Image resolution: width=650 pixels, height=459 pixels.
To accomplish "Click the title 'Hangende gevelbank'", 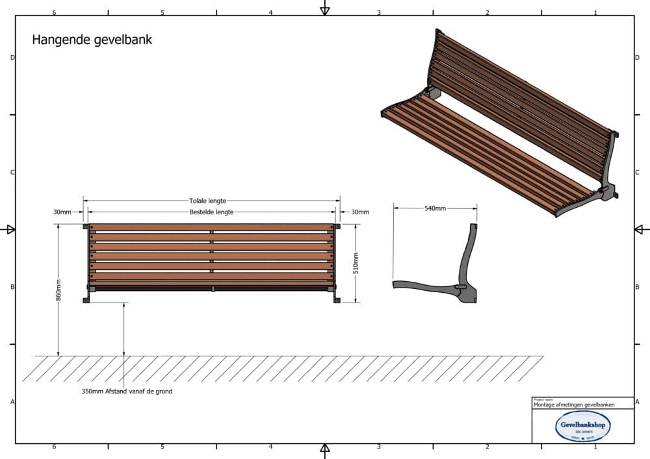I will tap(92, 40).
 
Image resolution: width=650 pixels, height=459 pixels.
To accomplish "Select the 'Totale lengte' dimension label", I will tap(207, 201).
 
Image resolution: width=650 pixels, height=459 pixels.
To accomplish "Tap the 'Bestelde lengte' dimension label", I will tap(211, 212).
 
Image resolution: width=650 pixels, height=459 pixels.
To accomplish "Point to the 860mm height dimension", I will tap(58, 290).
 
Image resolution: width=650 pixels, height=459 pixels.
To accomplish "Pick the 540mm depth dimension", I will tap(435, 208).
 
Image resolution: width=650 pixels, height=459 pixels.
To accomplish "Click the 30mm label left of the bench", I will tap(62, 212).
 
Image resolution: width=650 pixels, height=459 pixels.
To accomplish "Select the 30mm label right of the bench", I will tap(359, 212).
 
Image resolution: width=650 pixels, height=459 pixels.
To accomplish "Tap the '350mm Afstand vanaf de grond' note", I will tap(127, 391).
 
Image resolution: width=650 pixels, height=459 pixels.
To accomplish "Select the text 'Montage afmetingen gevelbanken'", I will tap(573, 404).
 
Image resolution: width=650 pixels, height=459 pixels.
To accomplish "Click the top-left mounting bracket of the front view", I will tap(85, 226).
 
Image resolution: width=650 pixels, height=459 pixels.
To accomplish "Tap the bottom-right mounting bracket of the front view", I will tap(337, 299).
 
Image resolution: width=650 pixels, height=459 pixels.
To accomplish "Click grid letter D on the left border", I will tap(12, 58).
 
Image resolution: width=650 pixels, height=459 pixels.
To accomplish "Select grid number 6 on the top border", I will tap(54, 12).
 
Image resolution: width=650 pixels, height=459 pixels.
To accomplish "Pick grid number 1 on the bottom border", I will tap(595, 447).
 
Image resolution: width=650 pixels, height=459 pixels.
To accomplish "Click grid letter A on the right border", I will tap(638, 402).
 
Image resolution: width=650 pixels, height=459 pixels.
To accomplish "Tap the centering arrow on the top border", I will tap(325, 9).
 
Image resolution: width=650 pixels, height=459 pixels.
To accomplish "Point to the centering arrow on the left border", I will tap(9, 229).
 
